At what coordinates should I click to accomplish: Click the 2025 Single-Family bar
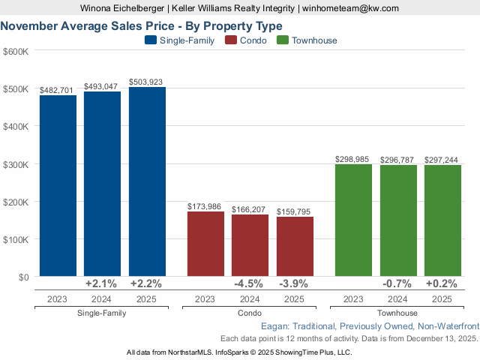coord(147,182)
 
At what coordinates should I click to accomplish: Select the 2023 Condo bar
coord(205,244)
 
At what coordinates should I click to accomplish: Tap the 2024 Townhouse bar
coord(398,220)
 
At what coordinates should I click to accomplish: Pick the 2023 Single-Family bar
coord(58,186)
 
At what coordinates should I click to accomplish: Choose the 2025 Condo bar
coord(295,247)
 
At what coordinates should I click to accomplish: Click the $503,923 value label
coord(147,82)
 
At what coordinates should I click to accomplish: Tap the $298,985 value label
coord(353,159)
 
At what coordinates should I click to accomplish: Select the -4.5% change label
coord(250,284)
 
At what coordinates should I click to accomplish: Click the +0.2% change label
coord(442,284)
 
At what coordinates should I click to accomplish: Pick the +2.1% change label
coord(102,284)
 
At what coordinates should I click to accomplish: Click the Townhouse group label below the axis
coord(397,313)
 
